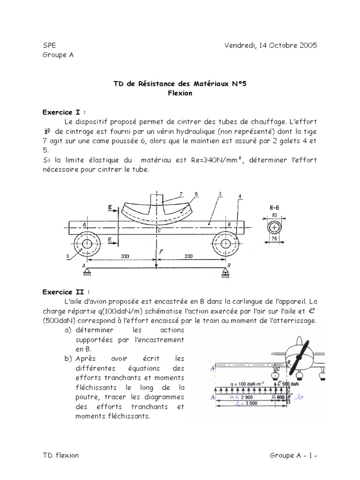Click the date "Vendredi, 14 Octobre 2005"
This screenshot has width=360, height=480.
tap(270, 45)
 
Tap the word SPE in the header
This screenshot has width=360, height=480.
tap(48, 45)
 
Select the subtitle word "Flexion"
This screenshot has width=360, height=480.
tap(180, 93)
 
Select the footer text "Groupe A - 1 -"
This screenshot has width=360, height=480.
tap(293, 455)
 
